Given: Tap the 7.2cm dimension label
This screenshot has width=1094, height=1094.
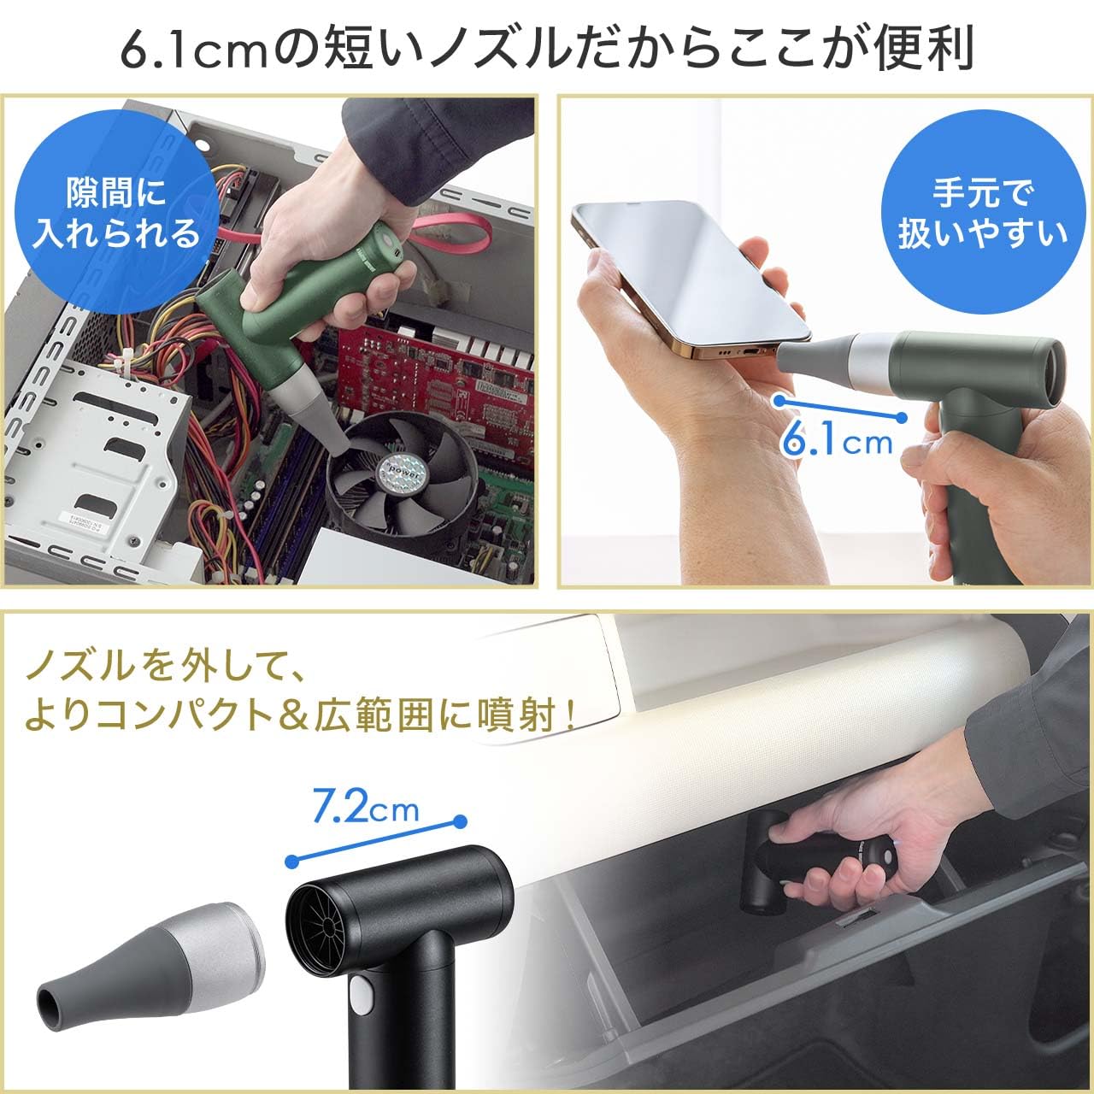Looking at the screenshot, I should [365, 807].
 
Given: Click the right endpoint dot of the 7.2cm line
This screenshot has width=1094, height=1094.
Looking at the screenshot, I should [461, 822].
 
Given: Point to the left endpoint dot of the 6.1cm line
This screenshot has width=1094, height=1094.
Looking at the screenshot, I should [779, 399].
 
